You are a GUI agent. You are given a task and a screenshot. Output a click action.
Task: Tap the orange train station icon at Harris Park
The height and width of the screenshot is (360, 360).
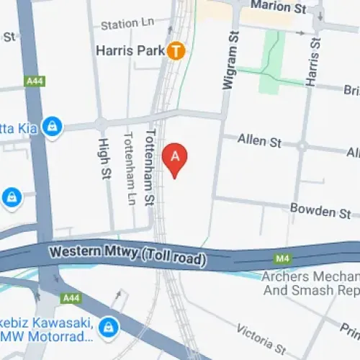(176, 51)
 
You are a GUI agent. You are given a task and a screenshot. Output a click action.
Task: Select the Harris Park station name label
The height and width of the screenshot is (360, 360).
(131, 52)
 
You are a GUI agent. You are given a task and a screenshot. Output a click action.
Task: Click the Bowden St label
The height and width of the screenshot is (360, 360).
(320, 210)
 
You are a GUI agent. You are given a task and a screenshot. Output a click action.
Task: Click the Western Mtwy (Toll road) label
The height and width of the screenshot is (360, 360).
(127, 254)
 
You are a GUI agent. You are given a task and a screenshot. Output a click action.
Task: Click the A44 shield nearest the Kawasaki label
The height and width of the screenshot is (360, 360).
(71, 297)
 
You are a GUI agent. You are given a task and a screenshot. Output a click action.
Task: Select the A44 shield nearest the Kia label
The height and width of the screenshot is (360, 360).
(35, 82)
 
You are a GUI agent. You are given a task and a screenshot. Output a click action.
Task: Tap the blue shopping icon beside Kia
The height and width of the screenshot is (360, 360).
(51, 127)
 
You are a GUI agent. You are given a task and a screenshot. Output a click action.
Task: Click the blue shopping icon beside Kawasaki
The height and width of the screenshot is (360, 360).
(108, 325)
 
